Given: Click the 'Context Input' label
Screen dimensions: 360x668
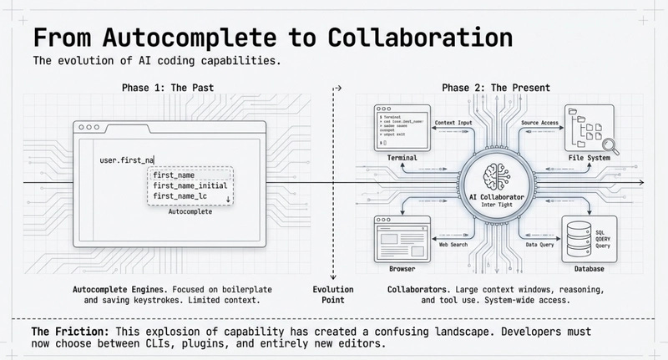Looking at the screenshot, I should [x=453, y=123].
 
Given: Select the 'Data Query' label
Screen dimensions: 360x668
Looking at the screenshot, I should [x=541, y=245].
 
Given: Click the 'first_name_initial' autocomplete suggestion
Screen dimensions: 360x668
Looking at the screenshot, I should [x=190, y=185].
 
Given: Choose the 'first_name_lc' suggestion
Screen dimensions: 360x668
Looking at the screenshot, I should [x=180, y=196].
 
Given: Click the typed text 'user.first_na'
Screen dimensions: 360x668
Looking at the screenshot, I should [x=127, y=160].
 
